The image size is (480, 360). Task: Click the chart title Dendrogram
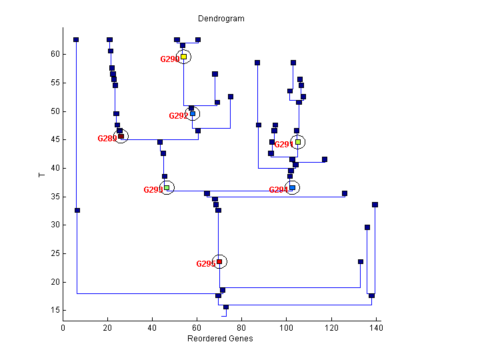[x=221, y=19]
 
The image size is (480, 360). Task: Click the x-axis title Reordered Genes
[x=220, y=338]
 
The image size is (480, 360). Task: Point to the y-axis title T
[x=41, y=175]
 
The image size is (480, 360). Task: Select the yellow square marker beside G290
[x=183, y=57]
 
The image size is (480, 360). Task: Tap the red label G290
[x=169, y=59]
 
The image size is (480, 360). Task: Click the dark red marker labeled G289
[x=121, y=137]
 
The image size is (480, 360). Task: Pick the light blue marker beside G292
[x=193, y=113]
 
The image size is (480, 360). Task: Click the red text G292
[x=178, y=116]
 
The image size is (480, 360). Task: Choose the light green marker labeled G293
[x=167, y=188]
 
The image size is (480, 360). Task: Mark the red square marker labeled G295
[x=219, y=261]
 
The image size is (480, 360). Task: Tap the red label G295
[x=205, y=264]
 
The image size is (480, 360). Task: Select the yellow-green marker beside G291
[x=298, y=142]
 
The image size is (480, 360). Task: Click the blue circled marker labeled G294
[x=292, y=188]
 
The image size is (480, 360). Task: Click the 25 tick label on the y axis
[x=56, y=253]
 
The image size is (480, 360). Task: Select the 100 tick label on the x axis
[x=287, y=327]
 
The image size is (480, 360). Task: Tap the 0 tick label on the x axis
[x=63, y=327]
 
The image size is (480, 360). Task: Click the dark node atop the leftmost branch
[x=76, y=39]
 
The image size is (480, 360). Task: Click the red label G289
[x=107, y=139]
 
